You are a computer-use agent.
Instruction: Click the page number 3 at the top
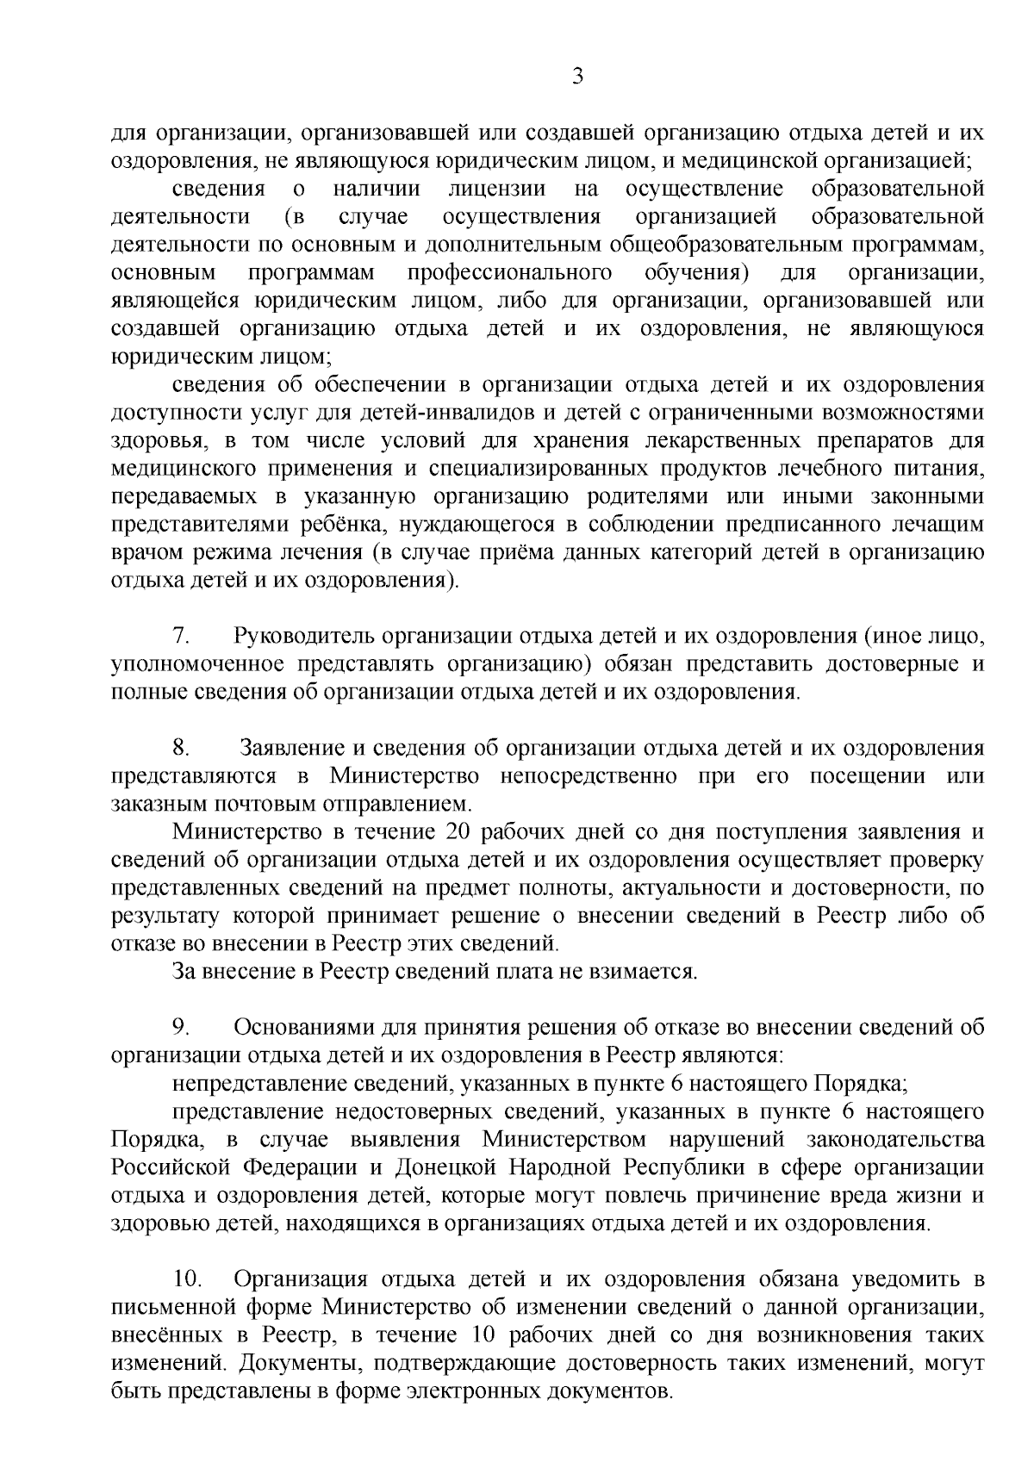coord(578,78)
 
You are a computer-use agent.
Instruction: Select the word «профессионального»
coord(510,273)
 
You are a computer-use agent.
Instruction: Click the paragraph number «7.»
coord(182,637)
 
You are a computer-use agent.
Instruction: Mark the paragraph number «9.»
coord(182,1027)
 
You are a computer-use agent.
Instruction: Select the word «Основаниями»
coord(311,1027)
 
